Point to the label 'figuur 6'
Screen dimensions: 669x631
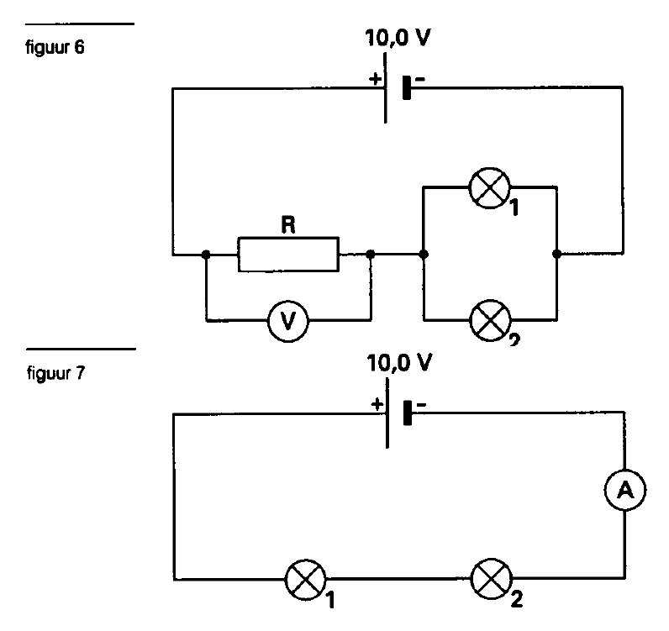[x=55, y=47]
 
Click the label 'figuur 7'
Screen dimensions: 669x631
[x=56, y=373]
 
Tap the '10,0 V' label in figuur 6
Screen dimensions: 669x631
[x=398, y=38]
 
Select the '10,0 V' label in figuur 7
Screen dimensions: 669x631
[x=399, y=363]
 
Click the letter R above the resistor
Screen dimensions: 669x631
[x=288, y=225]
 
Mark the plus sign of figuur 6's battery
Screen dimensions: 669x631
[x=375, y=78]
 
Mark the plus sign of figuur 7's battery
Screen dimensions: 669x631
[x=377, y=403]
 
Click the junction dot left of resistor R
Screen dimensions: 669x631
[x=206, y=255]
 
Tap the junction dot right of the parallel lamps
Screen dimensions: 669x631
[x=556, y=254]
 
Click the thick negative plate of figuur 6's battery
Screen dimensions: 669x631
[x=407, y=87]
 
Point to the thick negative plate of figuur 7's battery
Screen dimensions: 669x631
[x=408, y=413]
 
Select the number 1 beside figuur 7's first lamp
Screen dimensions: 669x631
[x=330, y=600]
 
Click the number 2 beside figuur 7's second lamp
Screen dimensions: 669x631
[x=516, y=599]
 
